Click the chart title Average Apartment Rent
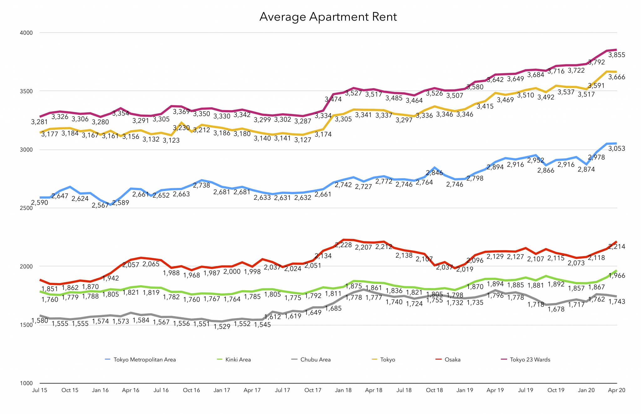pos(328,17)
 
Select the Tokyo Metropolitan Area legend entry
pos(144,360)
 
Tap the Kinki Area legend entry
pos(238,360)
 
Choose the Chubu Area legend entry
pos(315,360)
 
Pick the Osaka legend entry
pos(452,360)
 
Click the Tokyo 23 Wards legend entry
pos(530,360)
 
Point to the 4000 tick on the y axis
pos(27,33)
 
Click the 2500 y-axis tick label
pos(27,208)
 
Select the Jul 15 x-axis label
pos(39,390)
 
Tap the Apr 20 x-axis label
pos(616,390)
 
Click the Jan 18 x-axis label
pos(343,390)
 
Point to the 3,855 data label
pos(616,55)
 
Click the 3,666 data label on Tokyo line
pos(616,77)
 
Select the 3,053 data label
pos(616,149)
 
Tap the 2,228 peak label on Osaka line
pos(343,245)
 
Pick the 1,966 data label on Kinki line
pos(616,276)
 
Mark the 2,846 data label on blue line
pos(434,173)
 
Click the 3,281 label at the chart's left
pos(39,122)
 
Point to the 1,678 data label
pos(556,309)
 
